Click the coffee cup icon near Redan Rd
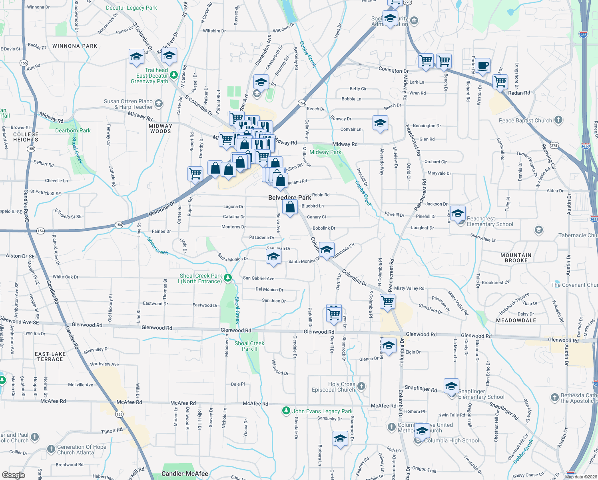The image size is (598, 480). tap(482, 66)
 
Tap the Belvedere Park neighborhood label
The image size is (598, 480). tap(289, 198)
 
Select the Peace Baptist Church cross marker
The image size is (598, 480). tap(558, 120)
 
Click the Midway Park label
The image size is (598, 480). tap(325, 152)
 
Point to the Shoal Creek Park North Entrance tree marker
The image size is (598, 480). tap(228, 277)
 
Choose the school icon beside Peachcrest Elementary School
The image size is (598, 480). tap(458, 213)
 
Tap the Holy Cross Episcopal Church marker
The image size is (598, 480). tap(361, 386)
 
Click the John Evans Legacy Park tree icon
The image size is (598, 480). tap(286, 410)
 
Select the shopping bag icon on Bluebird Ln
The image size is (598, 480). tap(290, 207)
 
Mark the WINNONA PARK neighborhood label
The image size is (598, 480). tap(75, 46)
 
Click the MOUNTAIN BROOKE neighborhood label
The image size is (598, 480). tap(516, 258)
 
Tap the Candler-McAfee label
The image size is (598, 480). tap(185, 474)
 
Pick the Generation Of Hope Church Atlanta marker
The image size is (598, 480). tap(51, 449)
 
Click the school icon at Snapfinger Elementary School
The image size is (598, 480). tap(451, 386)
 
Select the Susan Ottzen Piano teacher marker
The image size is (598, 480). tap(159, 104)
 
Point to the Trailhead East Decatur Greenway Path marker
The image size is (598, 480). tap(173, 75)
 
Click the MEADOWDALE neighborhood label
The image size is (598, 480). tap(516, 320)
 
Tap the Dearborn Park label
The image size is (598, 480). tap(73, 130)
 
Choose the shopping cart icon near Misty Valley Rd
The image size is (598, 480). tap(387, 301)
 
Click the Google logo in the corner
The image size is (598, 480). tap(14, 475)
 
